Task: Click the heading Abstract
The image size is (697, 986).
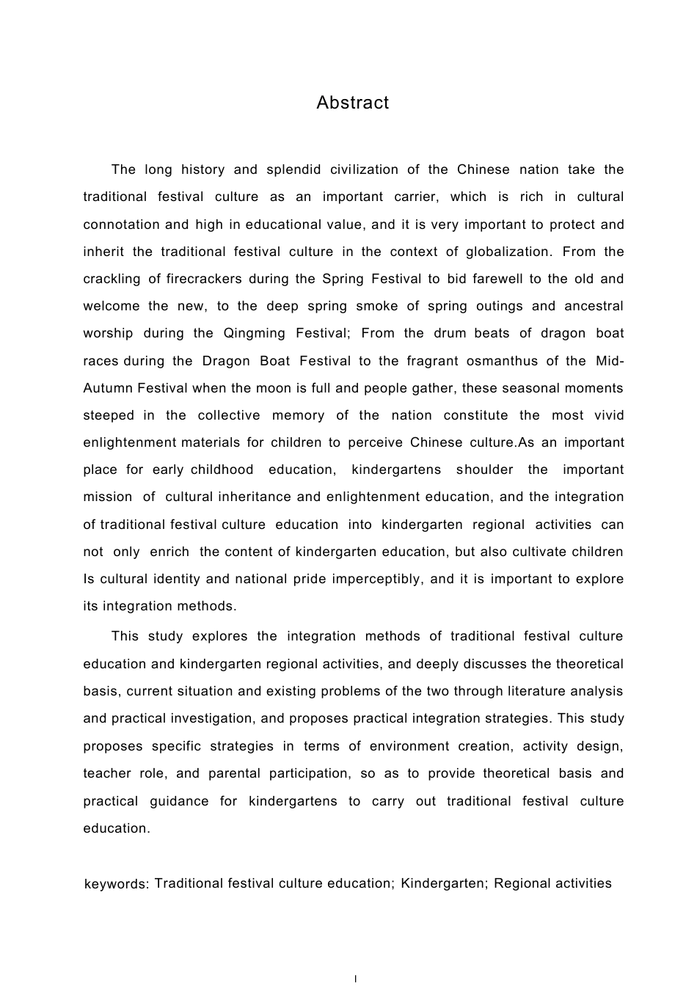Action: click(x=352, y=103)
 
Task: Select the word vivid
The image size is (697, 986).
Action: click(x=608, y=415)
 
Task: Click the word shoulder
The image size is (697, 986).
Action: click(x=486, y=470)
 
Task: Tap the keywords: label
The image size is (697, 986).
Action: click(x=117, y=884)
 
